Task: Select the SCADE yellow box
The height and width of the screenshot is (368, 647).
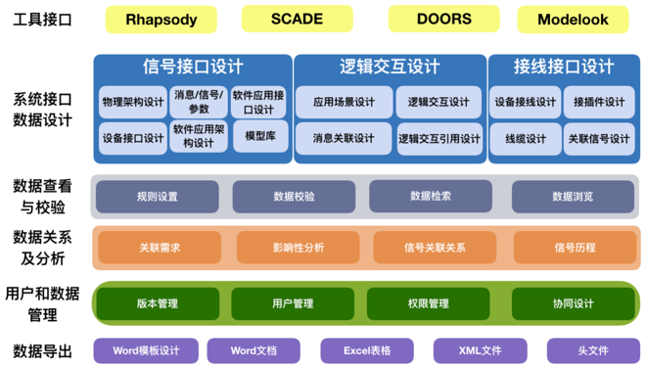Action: point(296,19)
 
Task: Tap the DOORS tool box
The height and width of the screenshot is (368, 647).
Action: point(443,19)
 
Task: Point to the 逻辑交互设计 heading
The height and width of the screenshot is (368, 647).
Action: point(389,67)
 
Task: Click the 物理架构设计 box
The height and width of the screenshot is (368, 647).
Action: point(132,102)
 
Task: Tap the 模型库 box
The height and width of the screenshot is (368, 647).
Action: point(259,137)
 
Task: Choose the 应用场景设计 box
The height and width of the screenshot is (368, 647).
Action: point(344,102)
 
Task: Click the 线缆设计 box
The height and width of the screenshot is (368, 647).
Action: point(526,138)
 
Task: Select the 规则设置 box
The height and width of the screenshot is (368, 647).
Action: point(158,196)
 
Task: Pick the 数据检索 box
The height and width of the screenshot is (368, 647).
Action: point(431,196)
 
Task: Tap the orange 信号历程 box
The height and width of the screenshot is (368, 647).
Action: point(573,248)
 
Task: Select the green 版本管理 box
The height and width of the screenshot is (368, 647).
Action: point(158,303)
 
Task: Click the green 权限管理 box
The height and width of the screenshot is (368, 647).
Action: point(431,303)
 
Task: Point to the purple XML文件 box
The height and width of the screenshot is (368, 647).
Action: point(481,349)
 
